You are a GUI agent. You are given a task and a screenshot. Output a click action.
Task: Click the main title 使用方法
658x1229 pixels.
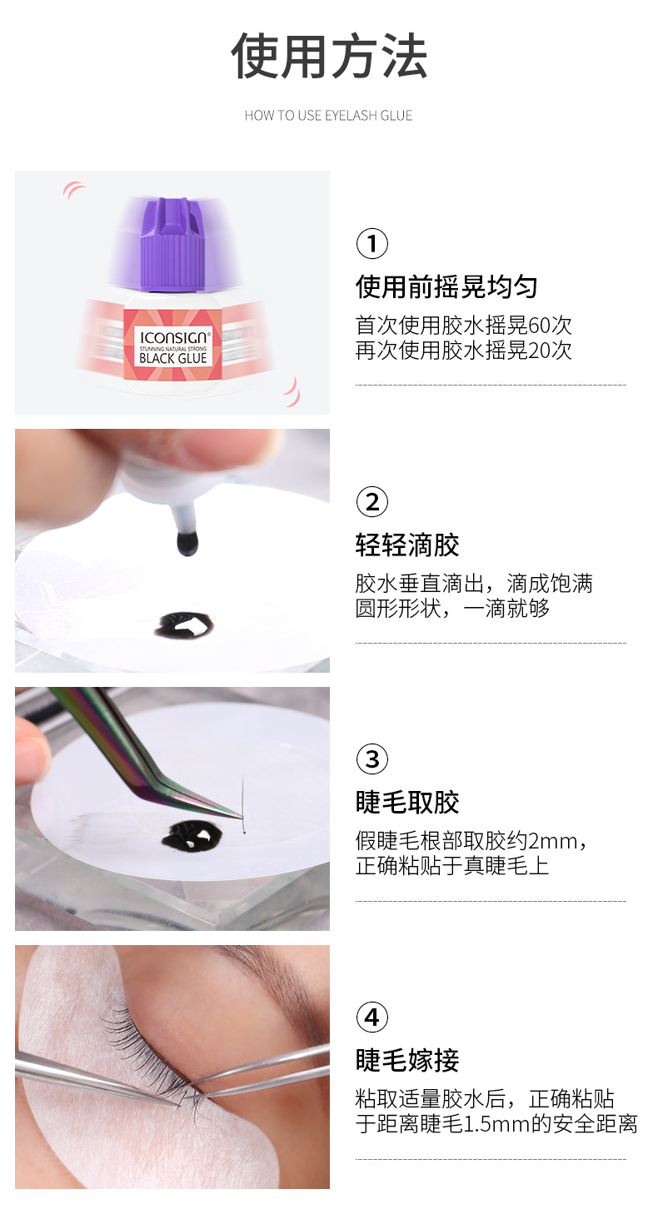coord(329,57)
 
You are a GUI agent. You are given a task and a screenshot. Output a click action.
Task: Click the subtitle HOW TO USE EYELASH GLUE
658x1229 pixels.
coord(329,116)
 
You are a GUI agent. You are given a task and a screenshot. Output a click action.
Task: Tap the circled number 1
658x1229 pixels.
coord(371,244)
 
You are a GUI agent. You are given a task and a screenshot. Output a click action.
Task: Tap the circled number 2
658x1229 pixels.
coord(371,502)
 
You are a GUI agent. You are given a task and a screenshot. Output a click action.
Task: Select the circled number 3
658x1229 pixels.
coord(371,759)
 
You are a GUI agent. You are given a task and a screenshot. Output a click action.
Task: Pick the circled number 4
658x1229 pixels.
coord(371,1018)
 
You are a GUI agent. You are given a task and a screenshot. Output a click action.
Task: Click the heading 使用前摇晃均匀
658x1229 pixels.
coord(446,287)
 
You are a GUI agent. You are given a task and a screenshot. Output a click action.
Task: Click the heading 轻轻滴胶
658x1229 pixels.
coord(407,545)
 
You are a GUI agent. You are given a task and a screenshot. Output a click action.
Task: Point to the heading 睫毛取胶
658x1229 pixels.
coord(407,803)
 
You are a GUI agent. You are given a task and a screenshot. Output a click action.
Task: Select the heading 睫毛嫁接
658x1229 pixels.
coord(407,1061)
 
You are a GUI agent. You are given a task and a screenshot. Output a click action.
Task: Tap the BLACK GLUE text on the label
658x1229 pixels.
coord(172,358)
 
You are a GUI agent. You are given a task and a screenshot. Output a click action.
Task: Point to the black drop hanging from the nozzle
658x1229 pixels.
coord(187,544)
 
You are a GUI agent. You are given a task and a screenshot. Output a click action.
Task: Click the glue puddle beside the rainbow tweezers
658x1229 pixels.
coord(190,833)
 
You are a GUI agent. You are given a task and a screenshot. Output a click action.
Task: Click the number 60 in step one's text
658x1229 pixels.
coord(540,326)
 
